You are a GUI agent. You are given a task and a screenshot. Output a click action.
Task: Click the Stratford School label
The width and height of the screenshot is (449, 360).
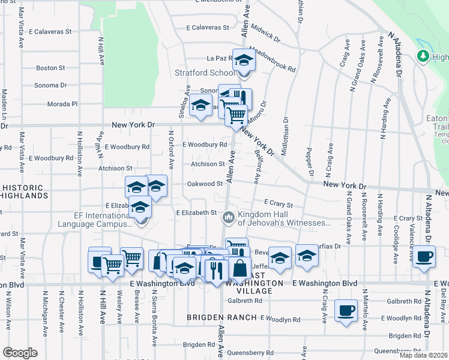tap(204, 73)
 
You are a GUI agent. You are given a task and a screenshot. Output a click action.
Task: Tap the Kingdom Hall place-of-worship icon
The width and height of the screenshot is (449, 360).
tap(228, 217)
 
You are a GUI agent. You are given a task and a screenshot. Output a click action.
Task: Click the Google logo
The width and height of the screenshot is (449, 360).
tap(20, 353)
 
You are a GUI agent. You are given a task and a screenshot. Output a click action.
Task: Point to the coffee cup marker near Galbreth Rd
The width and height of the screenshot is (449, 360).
tap(345, 311)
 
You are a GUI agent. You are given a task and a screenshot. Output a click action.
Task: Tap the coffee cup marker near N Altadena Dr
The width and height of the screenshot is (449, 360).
tap(424, 256)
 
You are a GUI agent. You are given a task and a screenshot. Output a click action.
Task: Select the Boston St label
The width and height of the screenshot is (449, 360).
tap(50, 68)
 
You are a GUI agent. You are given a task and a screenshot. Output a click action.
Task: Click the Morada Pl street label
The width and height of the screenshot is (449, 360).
tap(63, 104)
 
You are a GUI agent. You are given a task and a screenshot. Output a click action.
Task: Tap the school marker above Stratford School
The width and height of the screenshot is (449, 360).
tap(244, 61)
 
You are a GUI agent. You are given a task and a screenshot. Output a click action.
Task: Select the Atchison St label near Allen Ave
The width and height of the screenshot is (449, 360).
tap(208, 163)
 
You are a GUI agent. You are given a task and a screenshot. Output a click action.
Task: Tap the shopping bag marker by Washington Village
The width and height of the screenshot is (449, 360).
tap(240, 268)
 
